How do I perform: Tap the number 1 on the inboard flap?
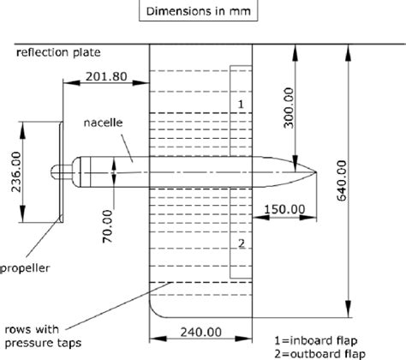(241, 104)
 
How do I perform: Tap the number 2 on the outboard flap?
(241, 243)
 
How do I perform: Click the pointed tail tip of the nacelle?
(316, 170)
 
